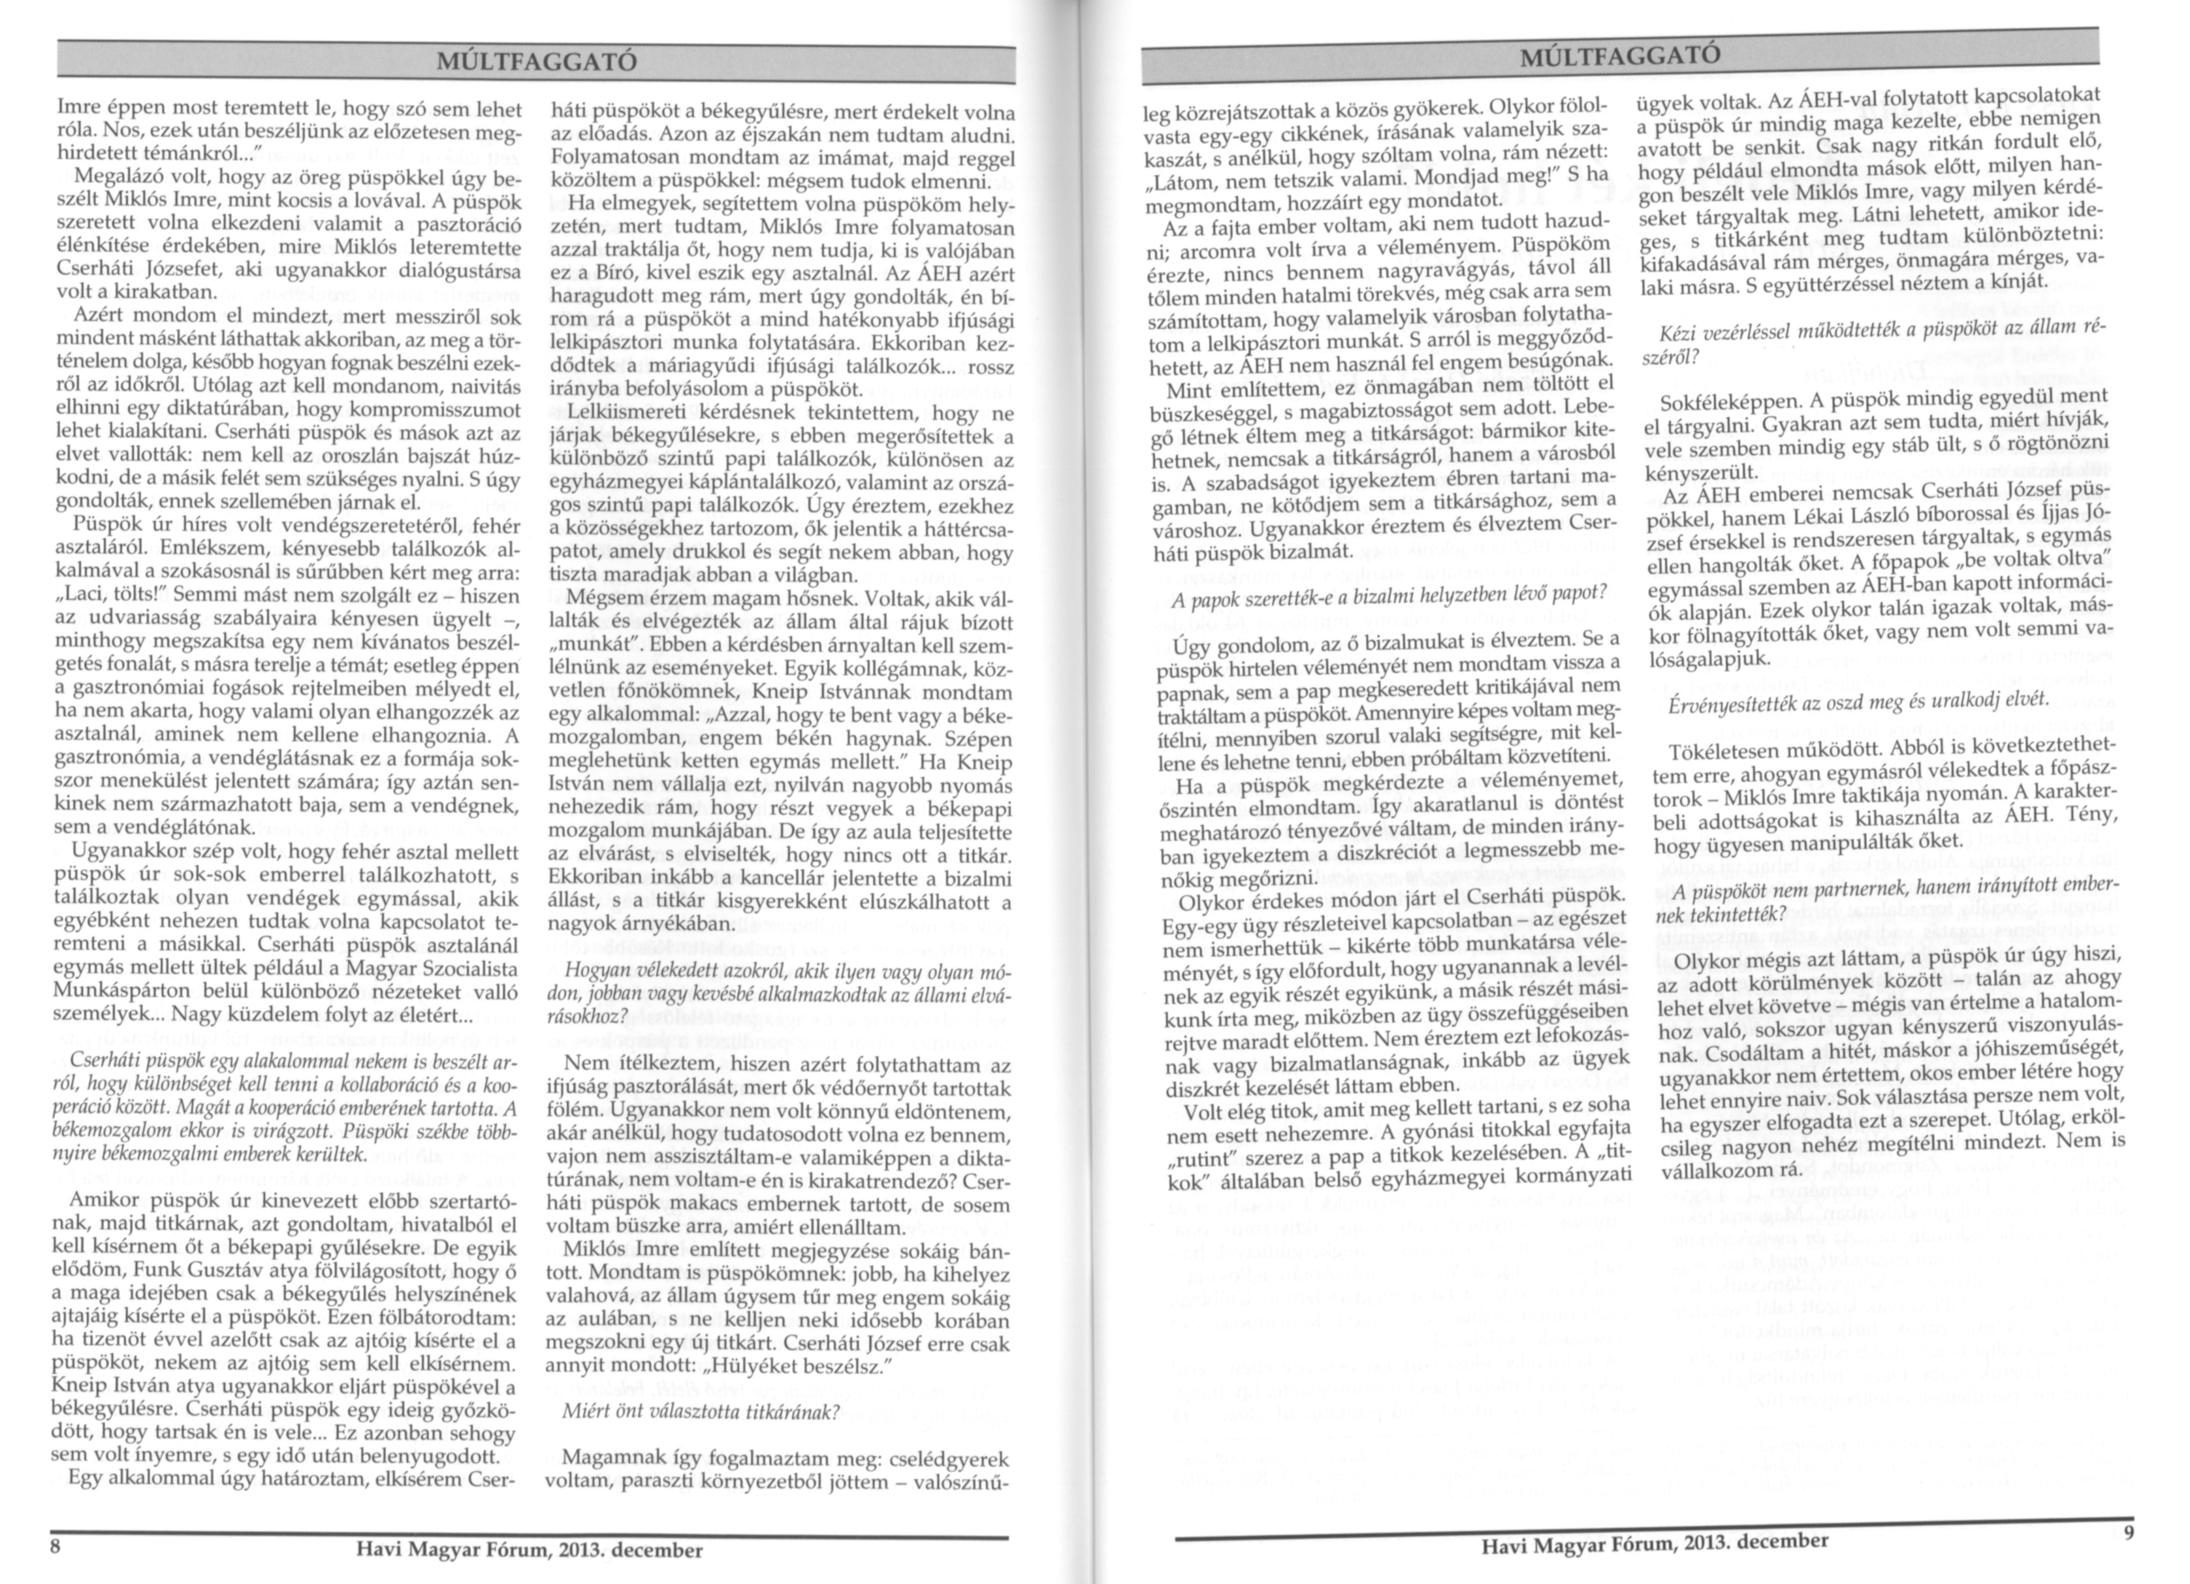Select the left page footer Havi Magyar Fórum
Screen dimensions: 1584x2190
pos(529,1549)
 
